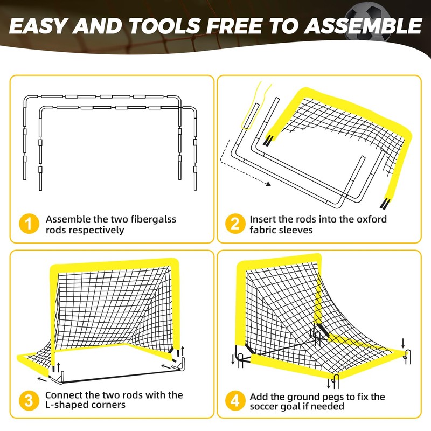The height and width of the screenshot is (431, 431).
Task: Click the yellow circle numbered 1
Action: point(29,224)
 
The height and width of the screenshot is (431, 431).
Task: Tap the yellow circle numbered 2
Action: point(235,224)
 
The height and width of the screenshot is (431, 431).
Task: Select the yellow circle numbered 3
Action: point(29,400)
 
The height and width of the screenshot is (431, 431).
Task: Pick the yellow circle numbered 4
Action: point(235,400)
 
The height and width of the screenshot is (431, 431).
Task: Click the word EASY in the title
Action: point(38,26)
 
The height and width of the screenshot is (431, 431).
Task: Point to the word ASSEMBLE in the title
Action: point(363,26)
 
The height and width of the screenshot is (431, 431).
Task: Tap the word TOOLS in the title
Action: point(164,26)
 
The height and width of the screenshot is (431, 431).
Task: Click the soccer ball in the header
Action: point(368,20)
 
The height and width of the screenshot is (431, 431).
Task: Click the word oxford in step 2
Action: point(372,219)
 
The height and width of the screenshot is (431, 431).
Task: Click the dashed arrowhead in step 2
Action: point(268,184)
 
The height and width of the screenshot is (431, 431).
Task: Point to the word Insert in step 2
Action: point(262,219)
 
